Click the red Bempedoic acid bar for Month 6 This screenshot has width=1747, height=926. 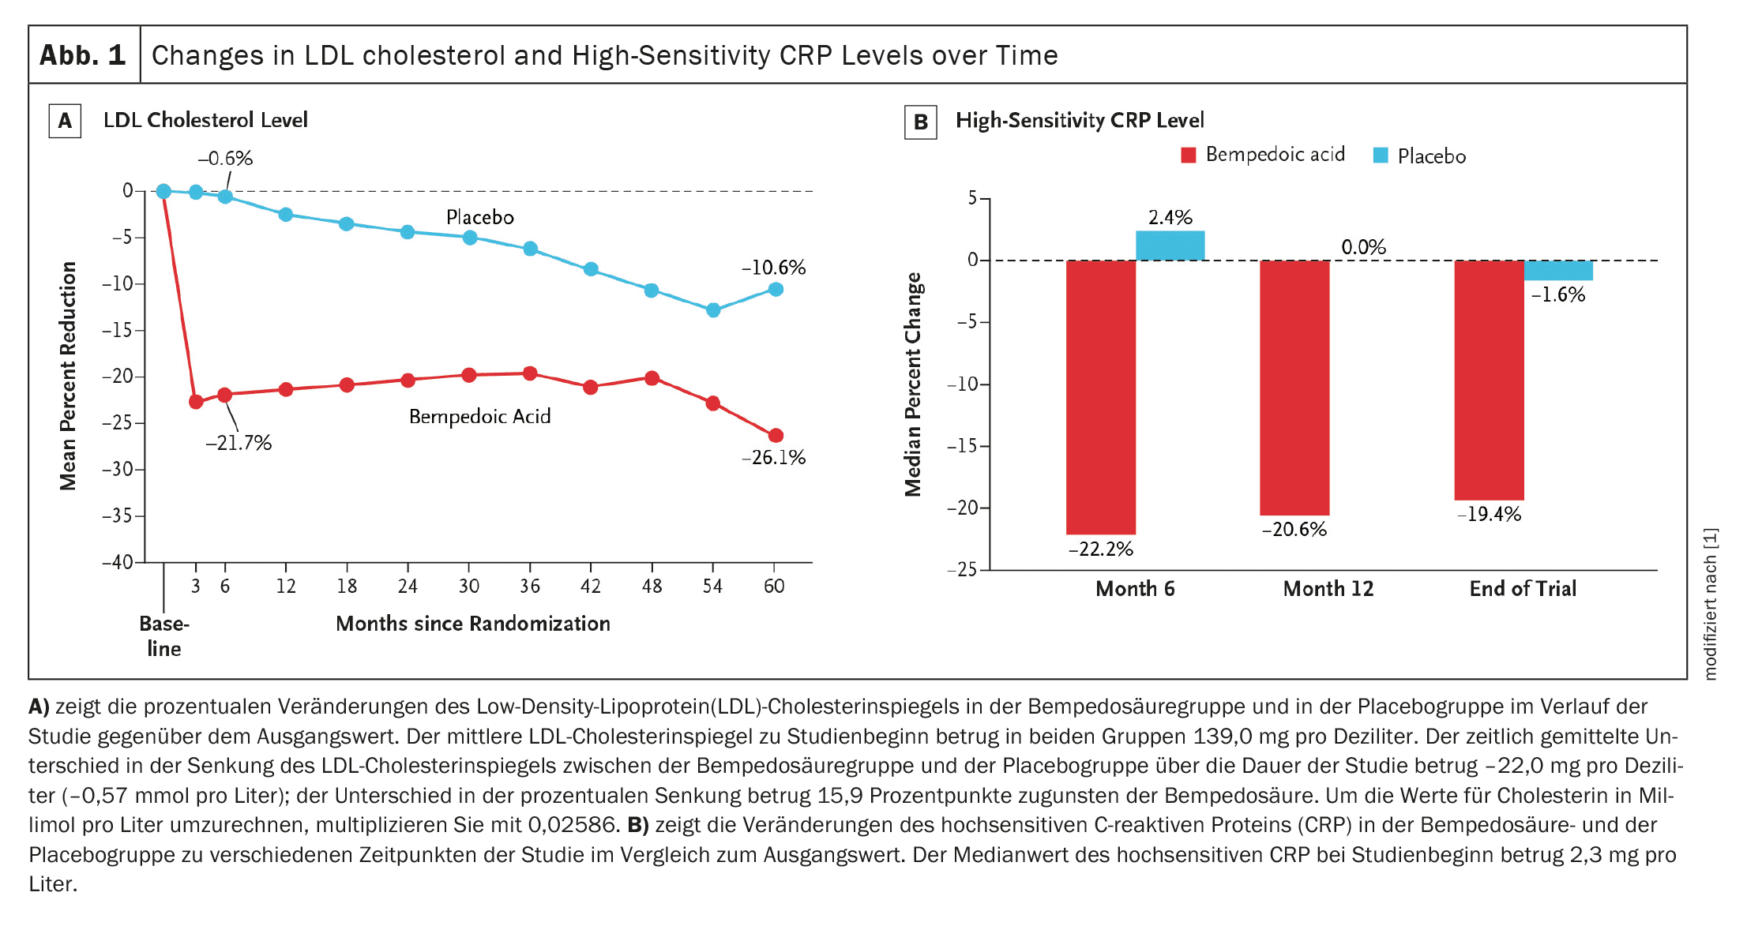pos(1100,397)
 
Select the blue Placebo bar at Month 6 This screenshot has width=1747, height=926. pos(1170,246)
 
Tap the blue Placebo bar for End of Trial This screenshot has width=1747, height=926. pos(1557,270)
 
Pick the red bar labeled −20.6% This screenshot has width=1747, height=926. pos(1294,388)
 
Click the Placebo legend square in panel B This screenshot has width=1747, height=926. pos(1381,156)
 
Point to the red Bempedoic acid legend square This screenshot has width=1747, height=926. pos(1188,156)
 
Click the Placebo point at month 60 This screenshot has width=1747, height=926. pos(776,290)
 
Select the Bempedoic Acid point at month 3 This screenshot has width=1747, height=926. pos(196,402)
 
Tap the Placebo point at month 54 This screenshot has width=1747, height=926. pos(713,310)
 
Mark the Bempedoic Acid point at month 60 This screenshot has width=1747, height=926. pos(776,436)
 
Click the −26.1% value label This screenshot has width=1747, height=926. pos(773,458)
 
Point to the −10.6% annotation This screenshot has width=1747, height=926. pos(773,268)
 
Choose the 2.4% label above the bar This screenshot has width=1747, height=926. pos(1170,217)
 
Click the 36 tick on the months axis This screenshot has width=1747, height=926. pos(530,586)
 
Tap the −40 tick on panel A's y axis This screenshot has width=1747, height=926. pos(118,562)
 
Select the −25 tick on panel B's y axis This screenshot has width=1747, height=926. pos(962,569)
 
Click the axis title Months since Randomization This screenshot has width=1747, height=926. pos(472,624)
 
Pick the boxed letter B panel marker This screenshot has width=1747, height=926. pos(920,122)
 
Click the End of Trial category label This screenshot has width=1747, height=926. pos(1522,589)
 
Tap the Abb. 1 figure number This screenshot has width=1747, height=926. pos(83,55)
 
